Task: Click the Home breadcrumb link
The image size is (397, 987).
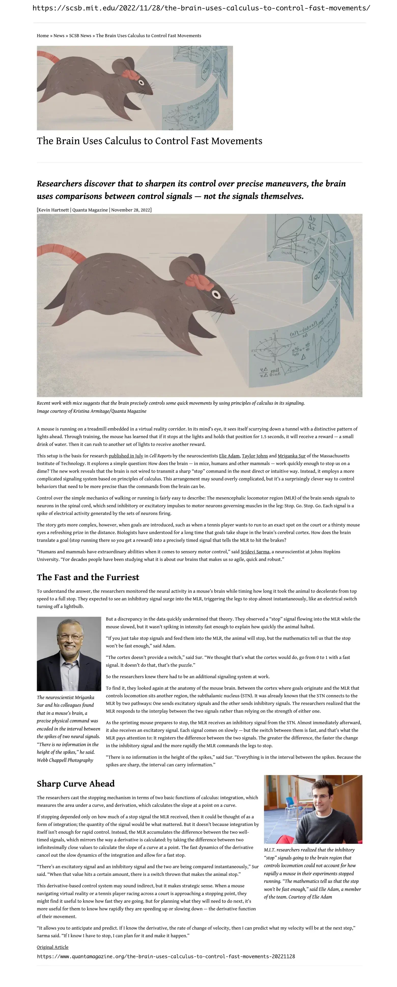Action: coord(42,36)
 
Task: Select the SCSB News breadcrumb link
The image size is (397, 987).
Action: coord(80,36)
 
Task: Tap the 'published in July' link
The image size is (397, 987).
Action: coord(126,456)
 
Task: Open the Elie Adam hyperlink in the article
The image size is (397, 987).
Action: coord(229,456)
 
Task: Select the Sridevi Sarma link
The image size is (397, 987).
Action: coord(255,552)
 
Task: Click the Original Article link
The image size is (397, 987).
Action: coord(52,947)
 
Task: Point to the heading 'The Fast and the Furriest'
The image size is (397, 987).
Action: coord(88,577)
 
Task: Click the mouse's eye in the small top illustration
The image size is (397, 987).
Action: coord(141,83)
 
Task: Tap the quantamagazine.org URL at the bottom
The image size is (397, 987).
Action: coord(166,956)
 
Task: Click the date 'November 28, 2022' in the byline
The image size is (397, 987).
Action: coord(131,210)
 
